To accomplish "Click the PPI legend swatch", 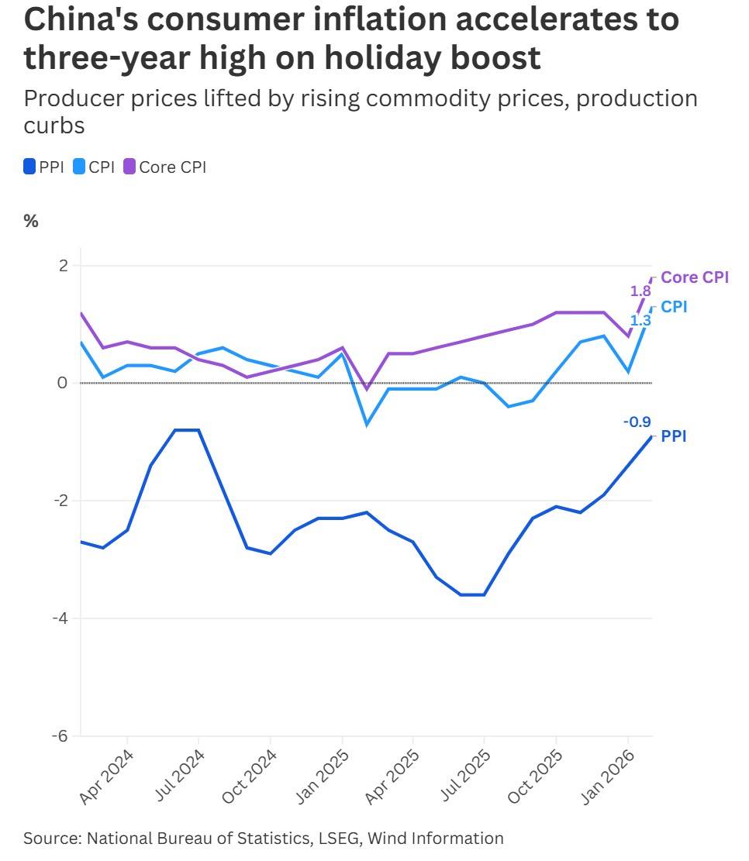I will pyautogui.click(x=30, y=167).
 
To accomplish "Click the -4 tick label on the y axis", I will pyautogui.click(x=60, y=618).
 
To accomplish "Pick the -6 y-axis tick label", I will pyautogui.click(x=60, y=736).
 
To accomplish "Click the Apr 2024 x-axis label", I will pyautogui.click(x=107, y=777).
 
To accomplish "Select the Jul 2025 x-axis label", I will pyautogui.click(x=464, y=777).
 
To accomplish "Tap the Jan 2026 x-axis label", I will pyautogui.click(x=607, y=777).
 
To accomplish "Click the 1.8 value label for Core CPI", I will pyautogui.click(x=640, y=291).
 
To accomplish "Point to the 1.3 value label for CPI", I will pyautogui.click(x=640, y=319).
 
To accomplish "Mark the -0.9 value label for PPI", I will pyautogui.click(x=637, y=422).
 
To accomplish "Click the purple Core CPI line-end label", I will pyautogui.click(x=695, y=277).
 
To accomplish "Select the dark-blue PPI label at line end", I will pyautogui.click(x=673, y=437).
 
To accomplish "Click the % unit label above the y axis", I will pyautogui.click(x=31, y=221).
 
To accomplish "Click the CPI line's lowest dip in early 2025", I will pyautogui.click(x=366, y=425).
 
